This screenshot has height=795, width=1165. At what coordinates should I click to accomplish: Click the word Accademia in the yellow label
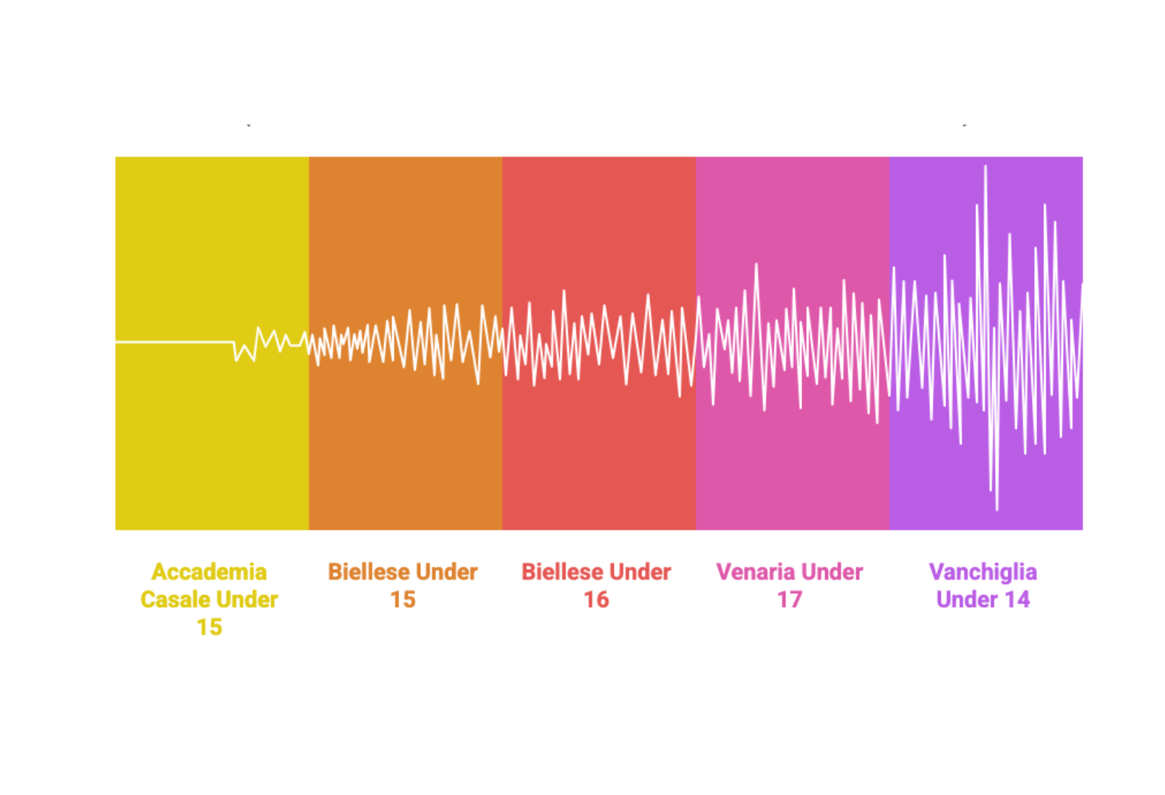coord(209,572)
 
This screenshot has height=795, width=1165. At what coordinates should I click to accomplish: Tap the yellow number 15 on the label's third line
coord(210,627)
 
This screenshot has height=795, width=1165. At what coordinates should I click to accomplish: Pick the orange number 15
coord(403,599)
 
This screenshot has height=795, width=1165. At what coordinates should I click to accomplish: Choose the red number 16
coord(597,599)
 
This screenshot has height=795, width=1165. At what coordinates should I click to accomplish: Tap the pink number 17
coord(790,599)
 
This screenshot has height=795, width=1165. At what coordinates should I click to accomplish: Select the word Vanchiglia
coord(983,572)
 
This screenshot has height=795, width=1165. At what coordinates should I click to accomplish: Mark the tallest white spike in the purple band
coord(985,167)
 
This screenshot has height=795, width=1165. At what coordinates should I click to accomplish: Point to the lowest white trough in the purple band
coord(997,509)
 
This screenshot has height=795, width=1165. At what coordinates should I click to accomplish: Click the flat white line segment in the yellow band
coord(174,341)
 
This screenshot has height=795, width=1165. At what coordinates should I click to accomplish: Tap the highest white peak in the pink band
coord(756,265)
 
